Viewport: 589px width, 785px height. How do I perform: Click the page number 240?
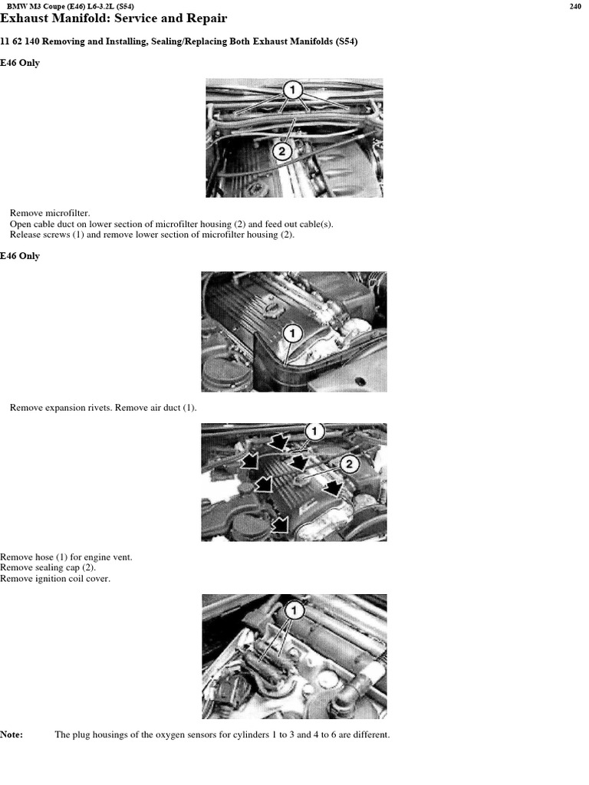575,6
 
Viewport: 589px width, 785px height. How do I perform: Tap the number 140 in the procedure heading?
32,41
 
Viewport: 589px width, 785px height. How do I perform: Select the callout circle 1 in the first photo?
292,90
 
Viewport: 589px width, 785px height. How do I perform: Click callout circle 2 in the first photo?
282,151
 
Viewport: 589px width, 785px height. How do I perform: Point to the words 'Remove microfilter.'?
50,213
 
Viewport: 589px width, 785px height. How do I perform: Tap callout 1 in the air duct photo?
292,333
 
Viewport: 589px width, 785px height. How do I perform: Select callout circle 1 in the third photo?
314,431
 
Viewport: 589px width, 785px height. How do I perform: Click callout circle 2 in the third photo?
349,464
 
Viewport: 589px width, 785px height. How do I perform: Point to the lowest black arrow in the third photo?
281,524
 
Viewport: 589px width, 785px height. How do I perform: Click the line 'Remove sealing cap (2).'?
48,568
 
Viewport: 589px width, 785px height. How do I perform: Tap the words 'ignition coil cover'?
70,579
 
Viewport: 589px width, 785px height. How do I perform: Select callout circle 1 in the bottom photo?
294,610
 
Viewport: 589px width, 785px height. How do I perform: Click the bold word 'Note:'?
12,735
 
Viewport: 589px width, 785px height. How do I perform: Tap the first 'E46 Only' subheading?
19,63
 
